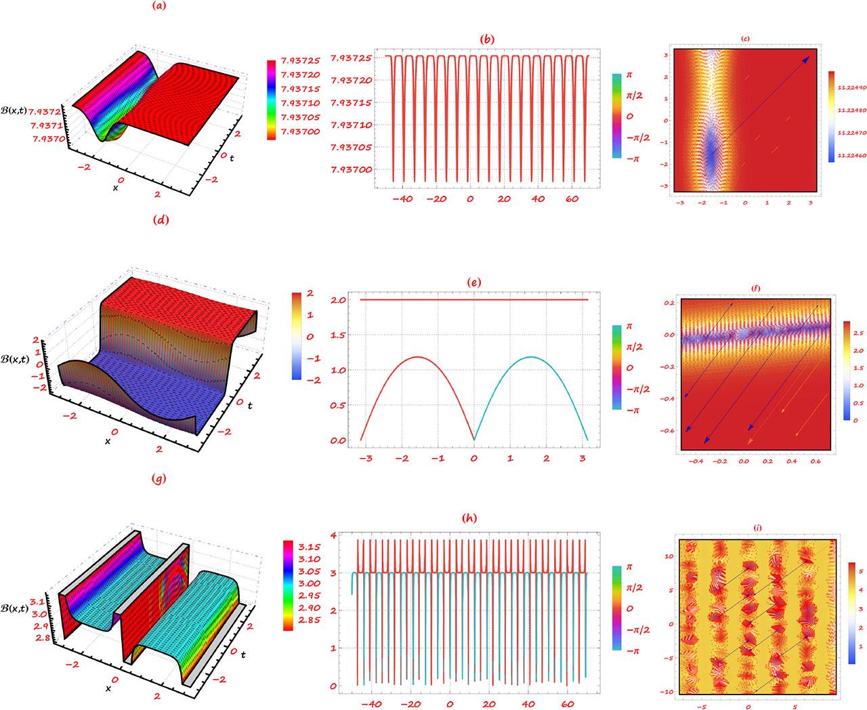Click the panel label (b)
point(488,39)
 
